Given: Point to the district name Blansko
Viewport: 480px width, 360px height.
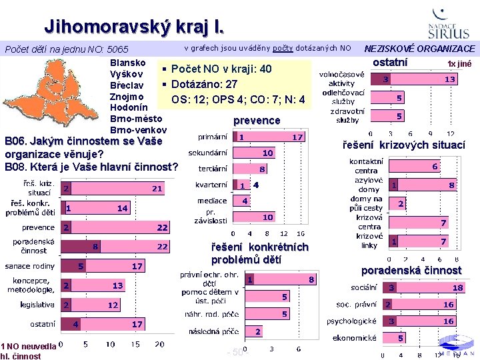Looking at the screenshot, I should tap(128, 63).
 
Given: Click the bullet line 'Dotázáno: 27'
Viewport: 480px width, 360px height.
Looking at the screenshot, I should tap(203, 85).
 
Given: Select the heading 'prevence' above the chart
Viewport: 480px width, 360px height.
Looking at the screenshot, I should tap(257, 121).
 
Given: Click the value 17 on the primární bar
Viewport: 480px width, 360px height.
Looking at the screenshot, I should tap(297, 137).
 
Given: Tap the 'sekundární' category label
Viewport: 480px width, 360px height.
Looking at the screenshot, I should tap(208, 153).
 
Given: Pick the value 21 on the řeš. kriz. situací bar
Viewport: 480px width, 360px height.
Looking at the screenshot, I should tap(156, 189).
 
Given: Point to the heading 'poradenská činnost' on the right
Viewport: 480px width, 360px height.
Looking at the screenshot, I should tap(411, 270).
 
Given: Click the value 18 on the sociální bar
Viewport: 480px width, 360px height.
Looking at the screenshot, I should tap(457, 288).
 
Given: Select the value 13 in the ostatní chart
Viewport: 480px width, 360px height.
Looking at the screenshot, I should tap(451, 79).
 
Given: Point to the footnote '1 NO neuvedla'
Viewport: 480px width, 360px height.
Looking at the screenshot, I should tap(28, 346).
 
